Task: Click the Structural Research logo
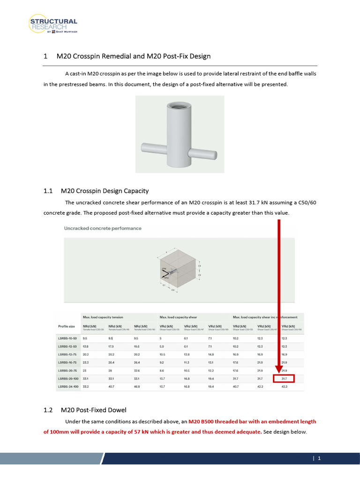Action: pyautogui.click(x=53, y=25)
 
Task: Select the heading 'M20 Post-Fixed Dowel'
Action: pyautogui.click(x=93, y=410)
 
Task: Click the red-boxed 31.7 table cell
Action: pyautogui.click(x=285, y=378)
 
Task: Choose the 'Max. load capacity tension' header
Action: pyautogui.click(x=105, y=317)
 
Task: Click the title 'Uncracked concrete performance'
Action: pyautogui.click(x=102, y=228)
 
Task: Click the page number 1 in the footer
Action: pyautogui.click(x=319, y=458)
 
